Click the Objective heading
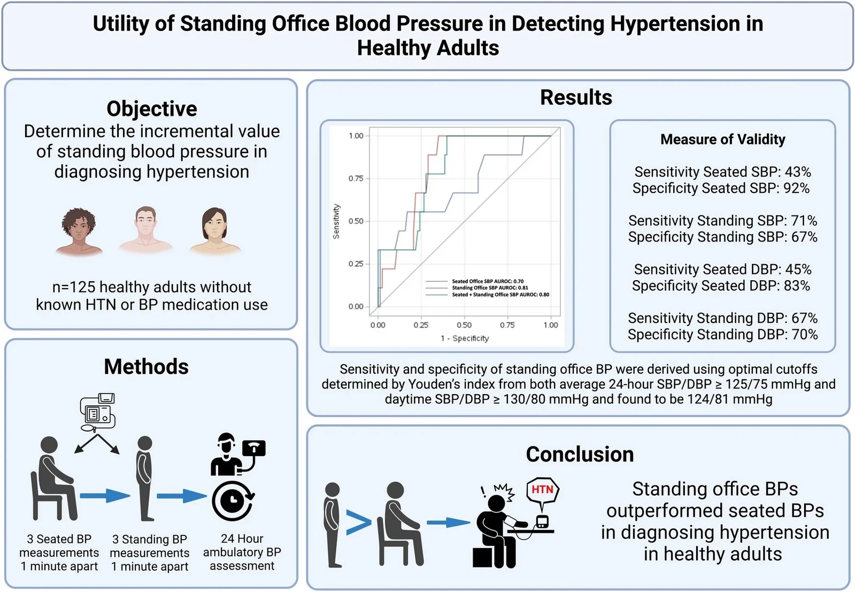tap(152, 109)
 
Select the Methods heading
tap(146, 367)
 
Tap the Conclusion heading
tap(580, 454)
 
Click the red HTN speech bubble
tap(542, 490)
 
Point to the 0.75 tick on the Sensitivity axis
tap(356, 179)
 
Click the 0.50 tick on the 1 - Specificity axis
tap(464, 325)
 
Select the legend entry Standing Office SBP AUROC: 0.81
tap(489, 288)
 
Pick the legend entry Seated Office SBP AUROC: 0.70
tap(487, 281)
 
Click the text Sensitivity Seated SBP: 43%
tap(722, 172)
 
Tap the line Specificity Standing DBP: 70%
tap(722, 335)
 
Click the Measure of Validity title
tap(722, 140)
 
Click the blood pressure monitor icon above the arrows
tap(98, 412)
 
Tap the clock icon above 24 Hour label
tap(232, 501)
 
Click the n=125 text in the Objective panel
tap(151, 287)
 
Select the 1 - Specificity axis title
tap(464, 339)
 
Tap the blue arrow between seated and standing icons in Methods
tap(105, 495)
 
